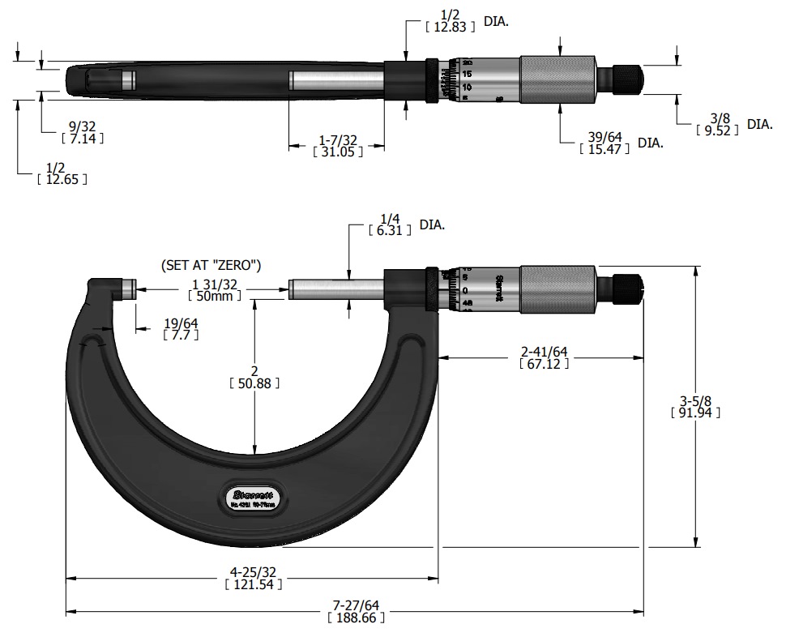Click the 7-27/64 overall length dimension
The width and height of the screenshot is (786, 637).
[x=356, y=605]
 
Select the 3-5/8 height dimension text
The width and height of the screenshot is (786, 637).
[x=695, y=400]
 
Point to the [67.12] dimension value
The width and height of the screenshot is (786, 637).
[x=544, y=365]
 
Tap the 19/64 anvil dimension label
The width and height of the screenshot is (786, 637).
[x=182, y=323]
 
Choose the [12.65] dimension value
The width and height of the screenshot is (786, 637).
[x=62, y=179]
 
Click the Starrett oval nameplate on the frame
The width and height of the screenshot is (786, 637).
[x=250, y=494]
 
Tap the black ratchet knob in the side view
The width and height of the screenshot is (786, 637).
[x=626, y=288]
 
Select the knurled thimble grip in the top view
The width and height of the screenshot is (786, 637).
[x=557, y=78]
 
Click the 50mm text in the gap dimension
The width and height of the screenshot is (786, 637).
[x=216, y=297]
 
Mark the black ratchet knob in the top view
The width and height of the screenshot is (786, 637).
[x=626, y=78]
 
